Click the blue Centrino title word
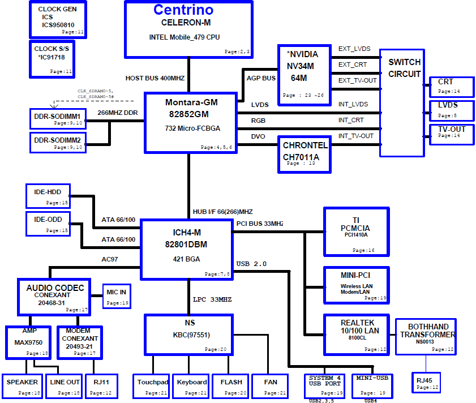pos(183,10)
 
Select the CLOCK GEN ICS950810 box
pos(58,20)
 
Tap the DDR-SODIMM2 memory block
pos(58,143)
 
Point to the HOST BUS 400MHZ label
pos(155,78)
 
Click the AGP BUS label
pos(261,78)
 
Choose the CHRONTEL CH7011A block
pos(304,155)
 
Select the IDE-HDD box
pos(48,196)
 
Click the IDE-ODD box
pos(48,224)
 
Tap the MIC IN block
pos(117,297)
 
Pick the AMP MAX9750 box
pos(28,342)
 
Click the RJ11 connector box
pos(101,386)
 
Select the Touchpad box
pos(151,386)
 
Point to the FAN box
pos(270,386)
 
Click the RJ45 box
pos(426,383)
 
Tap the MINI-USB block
pos(372,386)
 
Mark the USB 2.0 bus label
pos(251,264)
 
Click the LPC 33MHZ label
pos(212,299)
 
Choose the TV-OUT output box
pos(452,135)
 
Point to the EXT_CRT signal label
pos(353,65)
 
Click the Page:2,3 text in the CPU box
pos(237,52)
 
